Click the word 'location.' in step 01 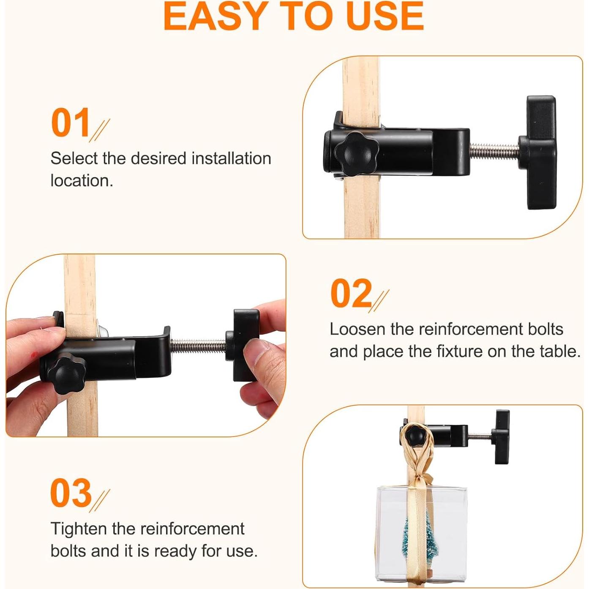click(82, 181)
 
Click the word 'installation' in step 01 click(232, 158)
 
